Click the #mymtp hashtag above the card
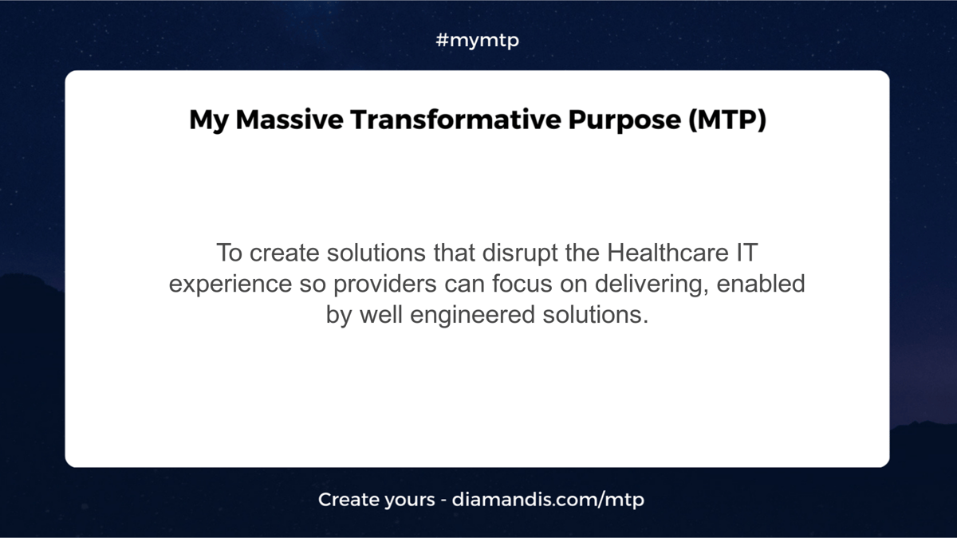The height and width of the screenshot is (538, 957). pos(477,41)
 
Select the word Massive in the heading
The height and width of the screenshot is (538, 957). pos(289,119)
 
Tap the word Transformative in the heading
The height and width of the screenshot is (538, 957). pos(455,119)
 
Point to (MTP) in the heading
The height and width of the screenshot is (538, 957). pos(727,120)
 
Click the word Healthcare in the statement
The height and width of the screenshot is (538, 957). pos(668,253)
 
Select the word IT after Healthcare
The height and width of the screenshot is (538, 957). pos(746,253)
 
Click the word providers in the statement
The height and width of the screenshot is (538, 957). pos(385,285)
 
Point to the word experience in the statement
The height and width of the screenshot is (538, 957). pos(230,285)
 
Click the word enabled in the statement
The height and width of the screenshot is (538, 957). pos(761,284)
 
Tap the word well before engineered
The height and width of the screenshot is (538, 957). pos(381,314)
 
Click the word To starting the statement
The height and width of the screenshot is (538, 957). pos(230,253)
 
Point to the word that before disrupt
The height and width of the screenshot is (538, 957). pos(454,253)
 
